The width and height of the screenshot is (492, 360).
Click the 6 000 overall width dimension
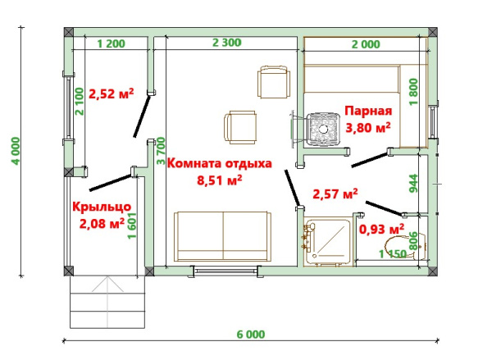pyautogui.click(x=251, y=335)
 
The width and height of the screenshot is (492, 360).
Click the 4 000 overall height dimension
pyautogui.click(x=16, y=151)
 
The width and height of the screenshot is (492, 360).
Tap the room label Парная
pyautogui.click(x=368, y=111)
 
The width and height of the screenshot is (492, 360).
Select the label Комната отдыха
pyautogui.click(x=219, y=163)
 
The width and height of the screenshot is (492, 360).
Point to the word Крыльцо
pyautogui.click(x=102, y=207)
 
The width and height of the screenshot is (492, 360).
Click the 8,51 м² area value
pyautogui.click(x=219, y=180)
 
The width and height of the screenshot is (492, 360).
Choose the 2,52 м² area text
pyautogui.click(x=112, y=93)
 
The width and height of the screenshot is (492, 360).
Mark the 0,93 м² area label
pyautogui.click(x=381, y=229)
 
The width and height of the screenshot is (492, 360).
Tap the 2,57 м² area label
pyautogui.click(x=335, y=194)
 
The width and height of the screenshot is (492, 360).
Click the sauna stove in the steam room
pyautogui.click(x=324, y=130)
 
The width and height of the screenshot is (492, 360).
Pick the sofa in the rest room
pyautogui.click(x=223, y=236)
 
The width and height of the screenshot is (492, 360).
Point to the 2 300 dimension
pyautogui.click(x=227, y=43)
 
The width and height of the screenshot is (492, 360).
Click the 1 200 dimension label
pyautogui.click(x=111, y=43)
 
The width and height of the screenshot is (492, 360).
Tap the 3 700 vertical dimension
pyautogui.click(x=161, y=151)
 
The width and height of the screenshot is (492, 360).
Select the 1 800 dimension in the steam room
pyautogui.click(x=414, y=92)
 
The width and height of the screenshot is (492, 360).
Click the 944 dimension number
pyautogui.click(x=414, y=184)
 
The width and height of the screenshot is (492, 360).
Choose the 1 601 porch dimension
pyautogui.click(x=132, y=226)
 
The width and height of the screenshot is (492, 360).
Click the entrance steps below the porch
pyautogui.click(x=107, y=302)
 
